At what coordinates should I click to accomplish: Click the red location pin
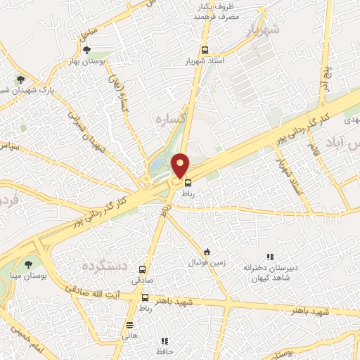pos(181,165)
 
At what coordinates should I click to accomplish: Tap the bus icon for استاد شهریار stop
pos(205,51)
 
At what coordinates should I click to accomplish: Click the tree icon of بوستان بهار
pos(86,50)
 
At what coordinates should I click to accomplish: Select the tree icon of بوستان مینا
pos(27,265)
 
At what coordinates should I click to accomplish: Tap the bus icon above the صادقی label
pos(143,269)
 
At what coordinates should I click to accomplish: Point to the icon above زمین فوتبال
pos(207,252)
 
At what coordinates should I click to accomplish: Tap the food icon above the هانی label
pos(129,325)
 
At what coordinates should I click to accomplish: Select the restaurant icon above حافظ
pos(164,341)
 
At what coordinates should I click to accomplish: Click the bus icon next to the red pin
pos(187,182)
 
